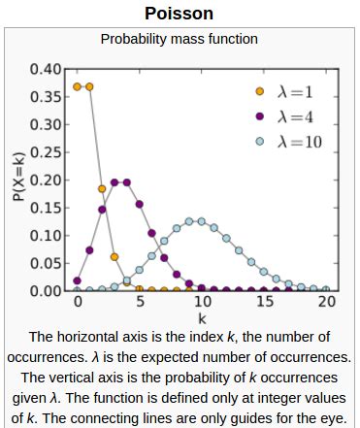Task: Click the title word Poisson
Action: click(x=180, y=14)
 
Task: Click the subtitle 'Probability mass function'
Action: click(x=180, y=39)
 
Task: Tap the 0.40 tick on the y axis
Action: click(x=47, y=70)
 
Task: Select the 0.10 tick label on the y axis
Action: click(x=47, y=236)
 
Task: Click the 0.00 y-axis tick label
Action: click(x=47, y=291)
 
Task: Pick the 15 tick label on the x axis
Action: click(x=265, y=302)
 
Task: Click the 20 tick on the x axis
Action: click(x=328, y=302)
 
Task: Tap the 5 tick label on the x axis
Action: click(x=140, y=302)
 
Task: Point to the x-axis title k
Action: click(x=203, y=317)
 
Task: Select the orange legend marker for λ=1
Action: click(x=259, y=93)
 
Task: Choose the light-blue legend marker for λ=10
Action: click(x=259, y=143)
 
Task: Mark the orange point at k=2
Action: click(x=103, y=188)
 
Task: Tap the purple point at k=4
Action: click(x=127, y=182)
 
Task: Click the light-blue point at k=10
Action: click(x=203, y=221)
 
